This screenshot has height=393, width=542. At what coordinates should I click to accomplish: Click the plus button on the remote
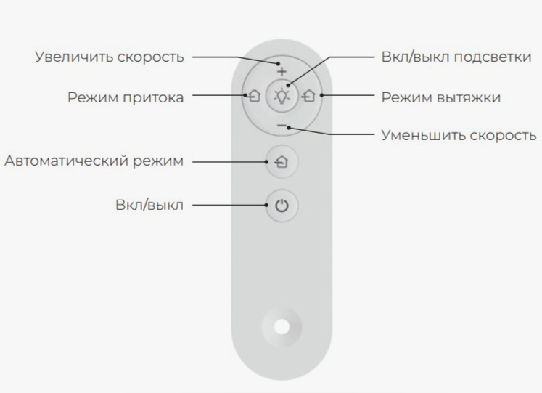pyautogui.click(x=282, y=73)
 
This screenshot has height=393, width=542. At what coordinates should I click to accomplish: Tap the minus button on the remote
pyautogui.click(x=282, y=126)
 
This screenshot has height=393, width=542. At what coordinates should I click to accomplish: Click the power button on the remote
pyautogui.click(x=282, y=206)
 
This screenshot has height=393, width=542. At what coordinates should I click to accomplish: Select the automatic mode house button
pyautogui.click(x=282, y=162)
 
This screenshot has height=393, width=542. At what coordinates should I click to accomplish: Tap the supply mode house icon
pyautogui.click(x=254, y=96)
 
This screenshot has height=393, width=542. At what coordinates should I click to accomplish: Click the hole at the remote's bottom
pyautogui.click(x=282, y=325)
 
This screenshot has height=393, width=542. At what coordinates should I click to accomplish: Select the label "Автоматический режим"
pyautogui.click(x=94, y=161)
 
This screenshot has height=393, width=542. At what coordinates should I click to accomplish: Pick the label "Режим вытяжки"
pyautogui.click(x=440, y=97)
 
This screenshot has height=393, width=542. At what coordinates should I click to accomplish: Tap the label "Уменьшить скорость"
pyautogui.click(x=459, y=135)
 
